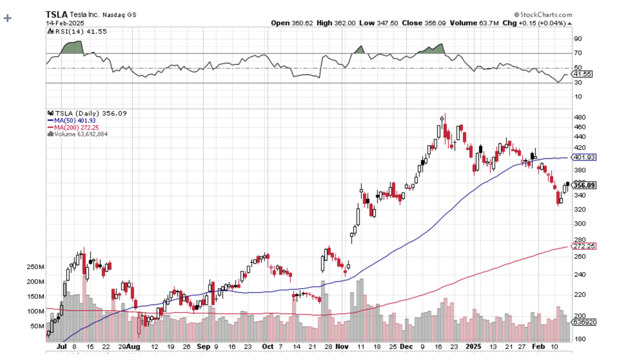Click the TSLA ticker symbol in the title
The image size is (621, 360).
(56, 14)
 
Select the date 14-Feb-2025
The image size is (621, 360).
(65, 23)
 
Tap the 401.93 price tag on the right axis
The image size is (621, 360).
(584, 158)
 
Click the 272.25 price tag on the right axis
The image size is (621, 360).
(584, 247)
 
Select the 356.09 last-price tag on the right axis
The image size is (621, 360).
(584, 185)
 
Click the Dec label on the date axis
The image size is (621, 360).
(406, 346)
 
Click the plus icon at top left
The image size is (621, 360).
(7, 18)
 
